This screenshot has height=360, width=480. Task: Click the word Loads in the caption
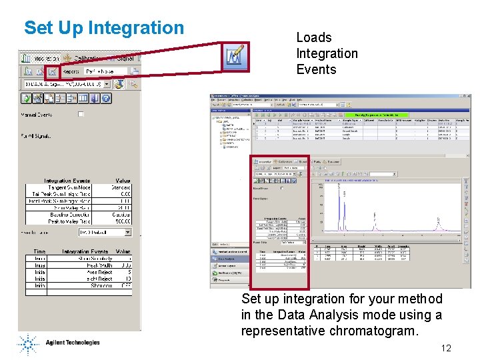pyautogui.click(x=314, y=38)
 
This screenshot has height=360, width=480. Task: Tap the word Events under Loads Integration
pyautogui.click(x=317, y=69)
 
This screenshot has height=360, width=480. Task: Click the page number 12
pyautogui.click(x=446, y=347)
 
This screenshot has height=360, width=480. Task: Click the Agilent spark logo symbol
pyautogui.click(x=29, y=344)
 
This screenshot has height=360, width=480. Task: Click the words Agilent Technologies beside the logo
pyautogui.click(x=73, y=343)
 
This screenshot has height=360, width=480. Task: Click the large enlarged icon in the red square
pyautogui.click(x=235, y=57)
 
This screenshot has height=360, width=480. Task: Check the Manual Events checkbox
pyautogui.click(x=81, y=114)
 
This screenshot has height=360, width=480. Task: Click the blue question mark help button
pyautogui.click(x=105, y=98)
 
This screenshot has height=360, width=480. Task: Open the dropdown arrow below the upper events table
pyautogui.click(x=127, y=233)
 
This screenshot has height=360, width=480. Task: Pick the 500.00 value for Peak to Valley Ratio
pyautogui.click(x=121, y=221)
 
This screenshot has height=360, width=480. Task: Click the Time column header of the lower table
pyautogui.click(x=39, y=251)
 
